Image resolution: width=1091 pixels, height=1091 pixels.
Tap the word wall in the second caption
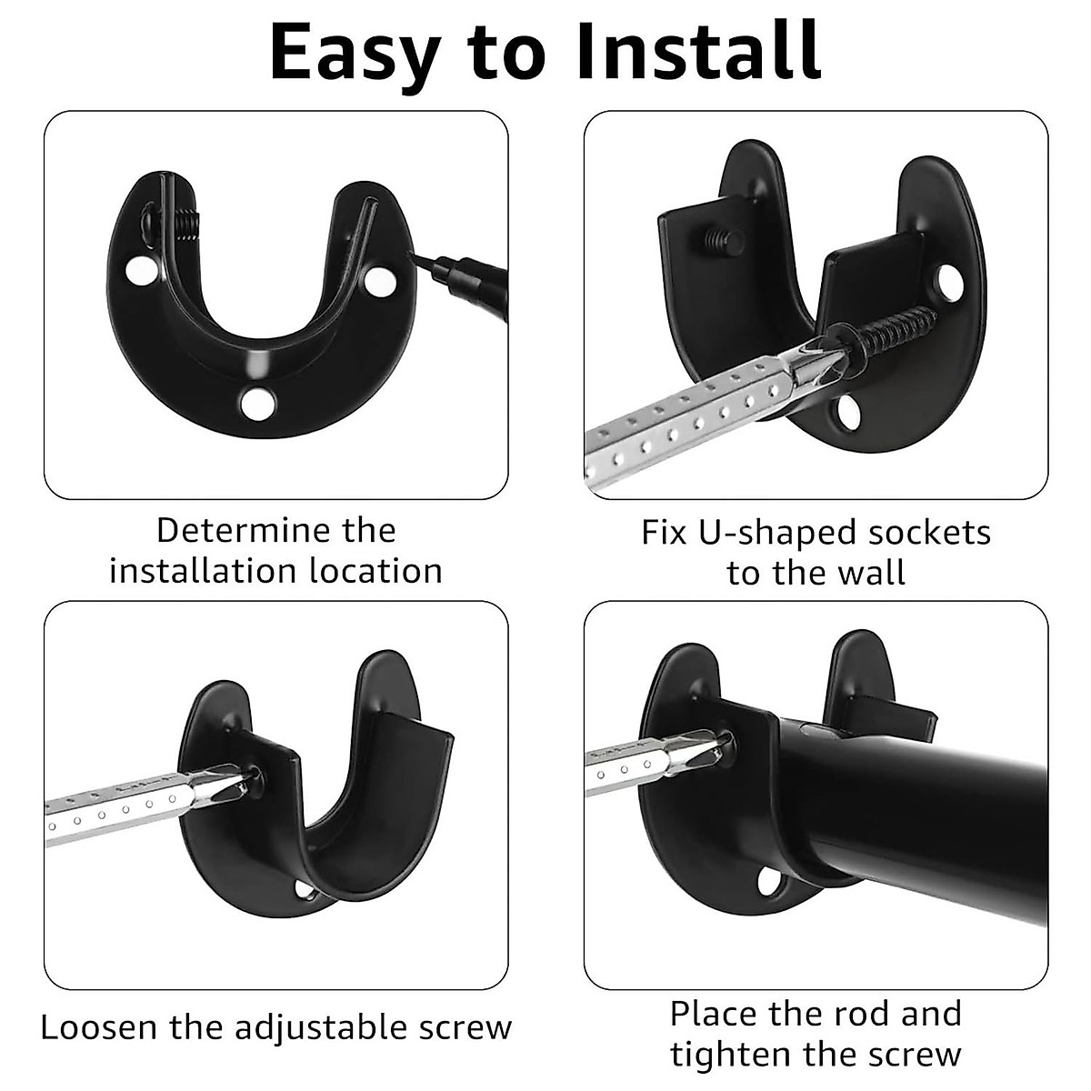click(874, 574)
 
